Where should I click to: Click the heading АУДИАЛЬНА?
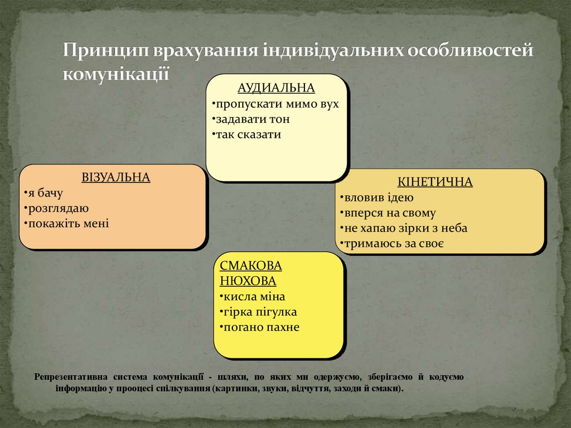coord(277,88)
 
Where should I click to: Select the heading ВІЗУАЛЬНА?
coord(116,177)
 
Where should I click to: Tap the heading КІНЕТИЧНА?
coord(435,182)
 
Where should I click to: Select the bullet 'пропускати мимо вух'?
coord(275,104)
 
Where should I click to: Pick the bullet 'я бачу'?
coord(43,193)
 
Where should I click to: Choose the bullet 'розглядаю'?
coord(56,208)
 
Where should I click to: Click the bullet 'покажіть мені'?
coord(66,223)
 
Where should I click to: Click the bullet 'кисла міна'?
coord(252,296)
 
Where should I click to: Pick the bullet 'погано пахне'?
coord(259,327)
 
